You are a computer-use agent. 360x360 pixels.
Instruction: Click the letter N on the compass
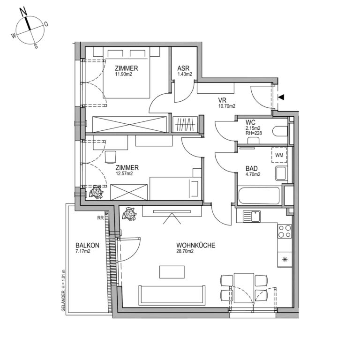click(x=23, y=11)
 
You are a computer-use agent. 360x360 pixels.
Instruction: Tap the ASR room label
click(x=183, y=68)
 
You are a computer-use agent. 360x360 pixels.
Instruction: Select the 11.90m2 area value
click(x=124, y=74)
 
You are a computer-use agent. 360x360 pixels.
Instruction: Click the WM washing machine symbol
click(x=279, y=155)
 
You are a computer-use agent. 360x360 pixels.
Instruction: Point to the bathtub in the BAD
click(x=259, y=196)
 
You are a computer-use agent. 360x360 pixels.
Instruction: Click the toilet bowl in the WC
click(x=280, y=132)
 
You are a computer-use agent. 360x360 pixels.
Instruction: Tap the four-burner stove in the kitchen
click(x=285, y=232)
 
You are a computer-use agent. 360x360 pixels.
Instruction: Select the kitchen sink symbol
click(x=252, y=216)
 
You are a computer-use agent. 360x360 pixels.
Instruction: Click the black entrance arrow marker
click(x=281, y=97)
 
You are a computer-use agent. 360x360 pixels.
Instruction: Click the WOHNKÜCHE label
click(x=195, y=246)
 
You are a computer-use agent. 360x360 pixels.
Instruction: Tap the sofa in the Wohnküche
click(x=172, y=295)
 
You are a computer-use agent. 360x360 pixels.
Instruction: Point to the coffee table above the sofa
click(x=172, y=272)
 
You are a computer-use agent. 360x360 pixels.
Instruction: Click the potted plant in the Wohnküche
click(x=129, y=214)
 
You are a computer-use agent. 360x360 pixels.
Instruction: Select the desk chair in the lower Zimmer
click(x=111, y=157)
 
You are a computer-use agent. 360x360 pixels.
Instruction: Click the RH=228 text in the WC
click(x=254, y=133)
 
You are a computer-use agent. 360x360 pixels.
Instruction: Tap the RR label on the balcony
click(x=100, y=218)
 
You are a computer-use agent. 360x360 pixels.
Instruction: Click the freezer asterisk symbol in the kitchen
click(x=285, y=260)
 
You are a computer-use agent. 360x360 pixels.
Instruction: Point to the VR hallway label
click(x=222, y=100)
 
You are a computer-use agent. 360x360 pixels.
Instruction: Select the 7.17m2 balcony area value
click(x=83, y=251)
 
